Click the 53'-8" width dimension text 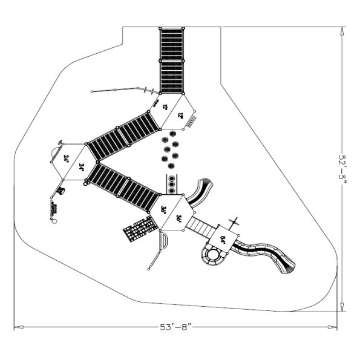coord(175,327)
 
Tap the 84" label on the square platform coord(223,240)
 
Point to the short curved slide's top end coord(205,181)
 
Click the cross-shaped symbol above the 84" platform coord(236,222)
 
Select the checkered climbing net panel coord(139,228)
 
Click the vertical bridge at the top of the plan coord(171,60)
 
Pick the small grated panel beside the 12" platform coord(192,123)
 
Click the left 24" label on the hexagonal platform coord(67,159)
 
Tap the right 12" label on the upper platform coord(181,114)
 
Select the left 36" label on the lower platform coord(164,209)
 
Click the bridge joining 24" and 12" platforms coord(124,134)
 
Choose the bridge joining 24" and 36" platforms coord(123,186)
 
